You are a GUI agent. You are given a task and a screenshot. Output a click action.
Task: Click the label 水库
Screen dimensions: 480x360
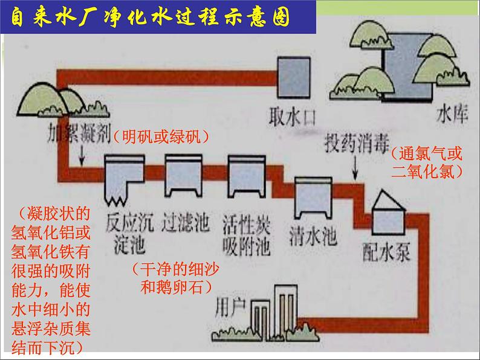452,114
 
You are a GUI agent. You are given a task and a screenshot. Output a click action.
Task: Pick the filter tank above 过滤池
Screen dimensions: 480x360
184,175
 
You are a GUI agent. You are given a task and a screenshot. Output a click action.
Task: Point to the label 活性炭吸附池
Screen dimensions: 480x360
245,234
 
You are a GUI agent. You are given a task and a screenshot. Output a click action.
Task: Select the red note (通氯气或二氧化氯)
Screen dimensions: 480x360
427,162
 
